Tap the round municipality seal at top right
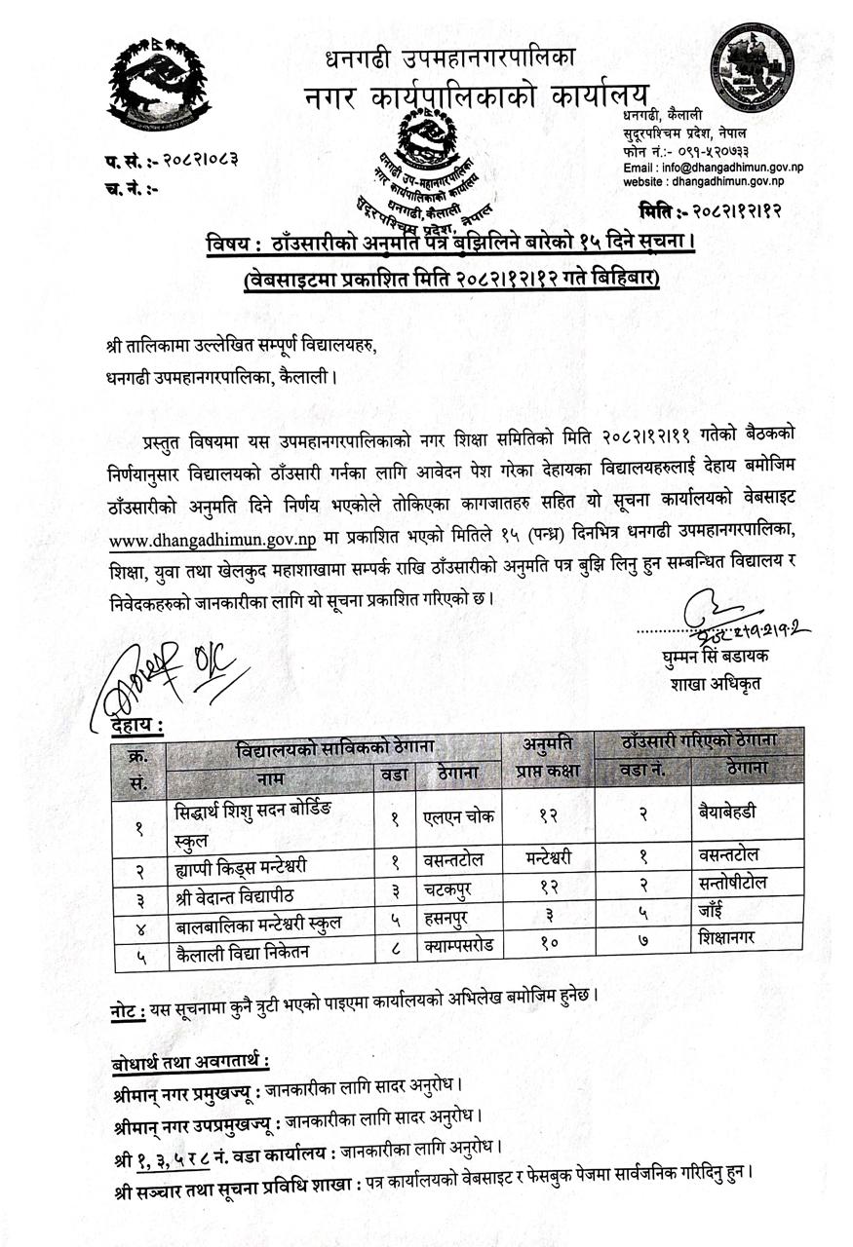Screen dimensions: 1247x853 (753, 67)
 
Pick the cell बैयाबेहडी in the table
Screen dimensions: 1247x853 (733, 812)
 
